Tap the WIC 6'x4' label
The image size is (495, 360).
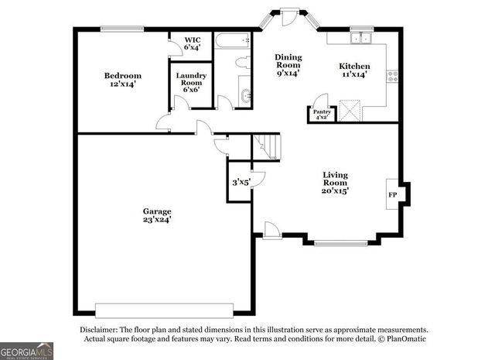click(190, 43)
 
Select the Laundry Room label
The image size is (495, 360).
click(190, 81)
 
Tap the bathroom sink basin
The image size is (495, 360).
click(245, 96)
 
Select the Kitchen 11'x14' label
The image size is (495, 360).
click(355, 70)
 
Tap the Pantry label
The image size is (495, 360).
click(321, 115)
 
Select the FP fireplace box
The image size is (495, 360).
click(392, 194)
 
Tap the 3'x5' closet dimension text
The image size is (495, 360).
click(241, 183)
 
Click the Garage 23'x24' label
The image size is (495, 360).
click(156, 214)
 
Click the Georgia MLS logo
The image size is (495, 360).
click(27, 351)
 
